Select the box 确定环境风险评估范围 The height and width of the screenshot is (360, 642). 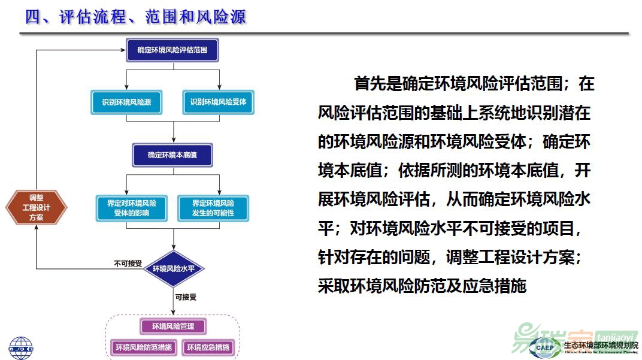[172, 50]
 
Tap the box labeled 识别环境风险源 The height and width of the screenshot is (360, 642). [126, 102]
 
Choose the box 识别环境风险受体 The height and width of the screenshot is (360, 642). [218, 102]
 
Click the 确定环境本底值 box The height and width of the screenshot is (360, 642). [172, 155]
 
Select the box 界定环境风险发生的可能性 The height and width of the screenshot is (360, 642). [213, 208]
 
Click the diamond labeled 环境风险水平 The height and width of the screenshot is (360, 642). [174, 268]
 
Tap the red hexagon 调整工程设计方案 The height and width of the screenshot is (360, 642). [36, 207]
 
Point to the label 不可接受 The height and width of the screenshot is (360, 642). [128, 263]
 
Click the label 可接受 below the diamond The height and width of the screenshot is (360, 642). [186, 297]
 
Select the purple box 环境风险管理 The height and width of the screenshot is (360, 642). [173, 326]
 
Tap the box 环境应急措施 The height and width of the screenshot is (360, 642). [207, 347]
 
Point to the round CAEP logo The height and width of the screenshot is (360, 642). [545, 347]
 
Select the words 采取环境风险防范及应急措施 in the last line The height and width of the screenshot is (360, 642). [422, 286]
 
